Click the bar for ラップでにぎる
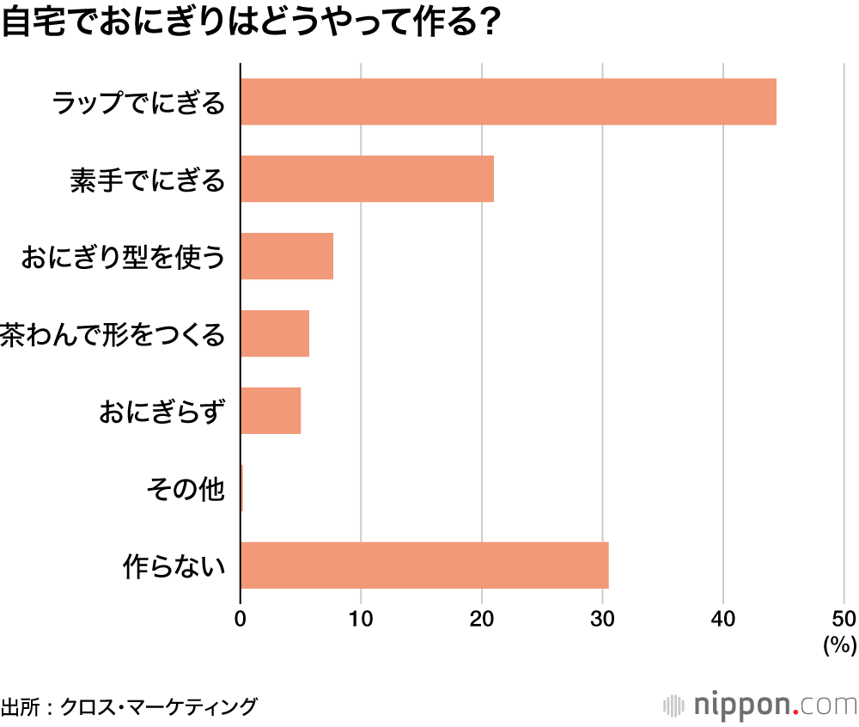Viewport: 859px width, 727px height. pyautogui.click(x=508, y=101)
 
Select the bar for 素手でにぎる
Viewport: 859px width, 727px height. pyautogui.click(x=367, y=179)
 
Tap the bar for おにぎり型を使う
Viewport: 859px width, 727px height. pyautogui.click(x=286, y=256)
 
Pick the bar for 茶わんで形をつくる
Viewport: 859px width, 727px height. pyautogui.click(x=274, y=333)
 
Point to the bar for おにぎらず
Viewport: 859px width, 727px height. pyautogui.click(x=271, y=411)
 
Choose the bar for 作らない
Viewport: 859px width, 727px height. pyautogui.click(x=424, y=565)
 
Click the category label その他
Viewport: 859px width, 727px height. pyautogui.click(x=186, y=490)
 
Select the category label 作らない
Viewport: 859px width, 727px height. pyautogui.click(x=174, y=567)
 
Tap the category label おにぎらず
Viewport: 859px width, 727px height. pyautogui.click(x=163, y=412)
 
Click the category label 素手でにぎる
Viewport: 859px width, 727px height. pyautogui.click(x=148, y=180)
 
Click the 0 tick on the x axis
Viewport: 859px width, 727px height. pyautogui.click(x=241, y=618)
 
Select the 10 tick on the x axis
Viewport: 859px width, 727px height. pyautogui.click(x=361, y=618)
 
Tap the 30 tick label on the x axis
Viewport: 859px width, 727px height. pyautogui.click(x=603, y=618)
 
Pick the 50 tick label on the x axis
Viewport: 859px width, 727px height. pyautogui.click(x=844, y=618)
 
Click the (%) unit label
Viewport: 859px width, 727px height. pyautogui.click(x=840, y=645)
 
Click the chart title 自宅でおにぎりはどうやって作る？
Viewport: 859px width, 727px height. pyautogui.click(x=250, y=23)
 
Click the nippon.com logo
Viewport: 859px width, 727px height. pyautogui.click(x=760, y=706)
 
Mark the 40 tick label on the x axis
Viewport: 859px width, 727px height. pyautogui.click(x=723, y=618)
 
